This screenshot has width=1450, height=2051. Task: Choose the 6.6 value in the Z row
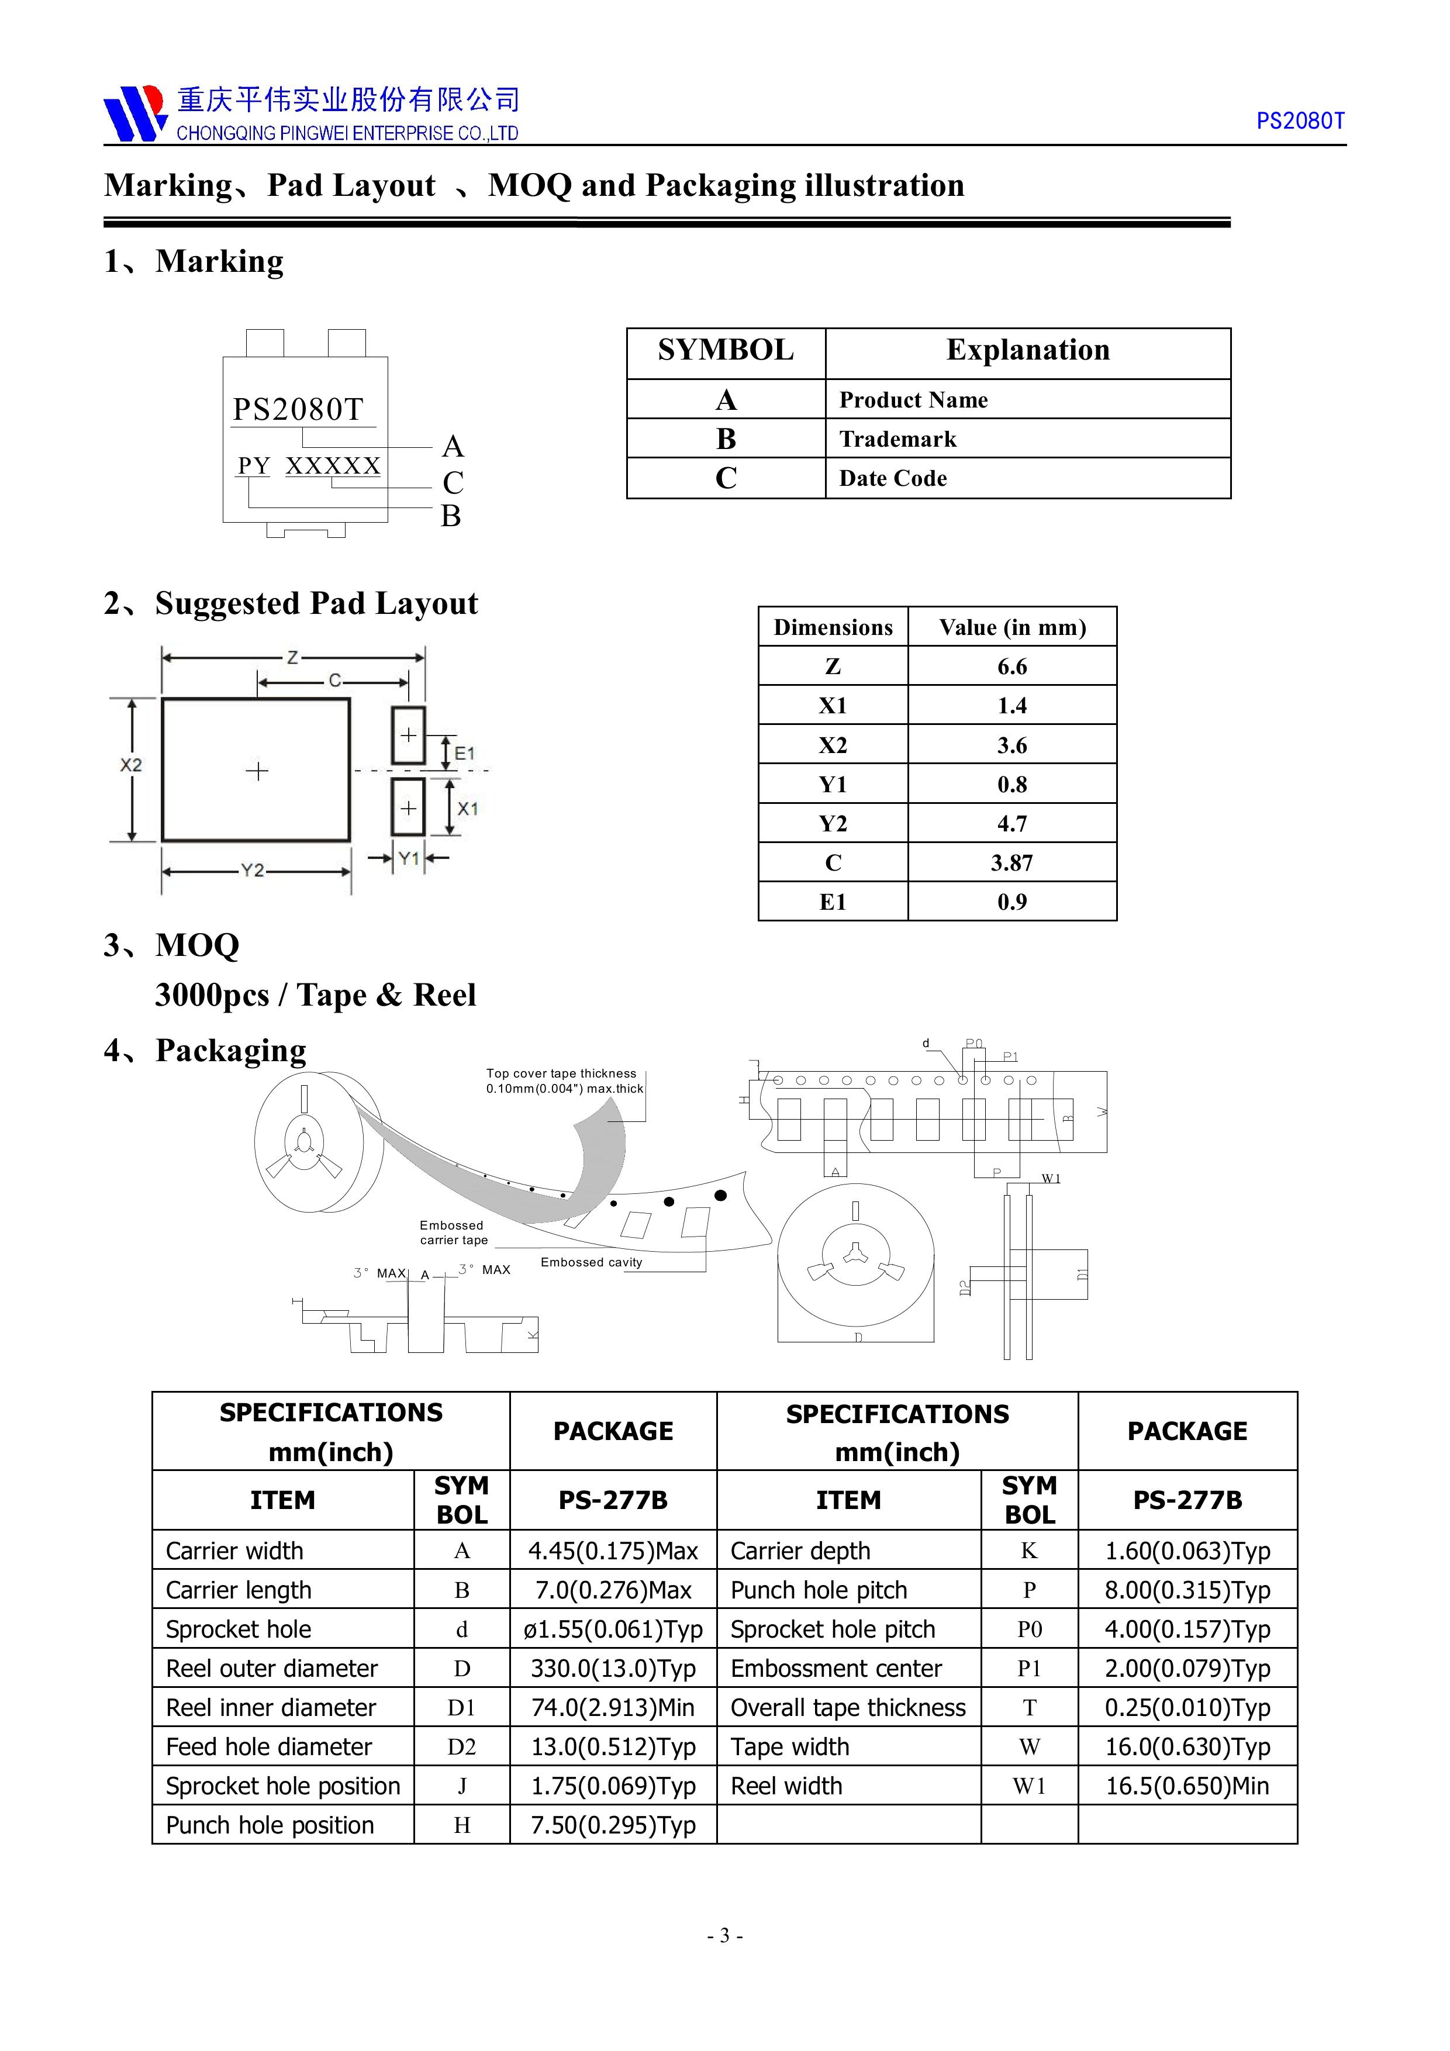(x=1011, y=667)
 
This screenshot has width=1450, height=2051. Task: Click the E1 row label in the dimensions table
(x=832, y=902)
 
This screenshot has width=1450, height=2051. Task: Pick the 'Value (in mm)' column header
(x=1011, y=627)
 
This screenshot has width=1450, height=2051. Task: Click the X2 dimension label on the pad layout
(x=130, y=765)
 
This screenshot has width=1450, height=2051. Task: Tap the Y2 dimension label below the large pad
(x=253, y=870)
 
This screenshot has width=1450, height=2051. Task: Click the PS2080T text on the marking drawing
(x=298, y=409)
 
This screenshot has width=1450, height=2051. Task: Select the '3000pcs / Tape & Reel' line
(x=315, y=995)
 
